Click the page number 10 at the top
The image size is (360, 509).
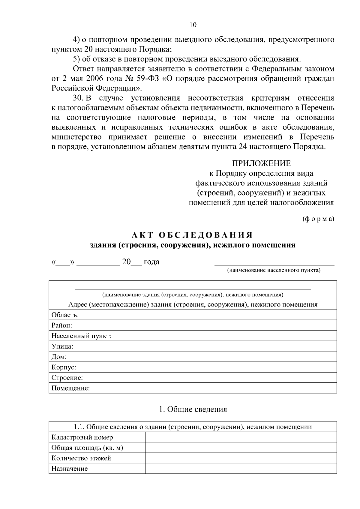pos(193,25)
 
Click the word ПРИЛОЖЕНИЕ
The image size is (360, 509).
pos(261,163)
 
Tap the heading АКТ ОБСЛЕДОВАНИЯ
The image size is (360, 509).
pos(193,235)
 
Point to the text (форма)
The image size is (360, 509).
pos(318,219)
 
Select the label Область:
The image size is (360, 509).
pos(65,315)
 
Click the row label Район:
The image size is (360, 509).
pos(62,325)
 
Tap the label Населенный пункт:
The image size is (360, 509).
pos(81,336)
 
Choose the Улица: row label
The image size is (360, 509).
pos(62,346)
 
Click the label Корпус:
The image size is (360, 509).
pos(64,367)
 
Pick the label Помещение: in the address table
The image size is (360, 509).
pos(70,388)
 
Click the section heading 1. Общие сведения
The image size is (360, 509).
pos(193,409)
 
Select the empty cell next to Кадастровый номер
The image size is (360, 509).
pos(241,437)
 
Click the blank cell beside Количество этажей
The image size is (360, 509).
pos(241,458)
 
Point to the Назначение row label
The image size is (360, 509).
pos(70,469)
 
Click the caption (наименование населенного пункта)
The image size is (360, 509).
pos(274,270)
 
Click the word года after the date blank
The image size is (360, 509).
pos(151,262)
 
